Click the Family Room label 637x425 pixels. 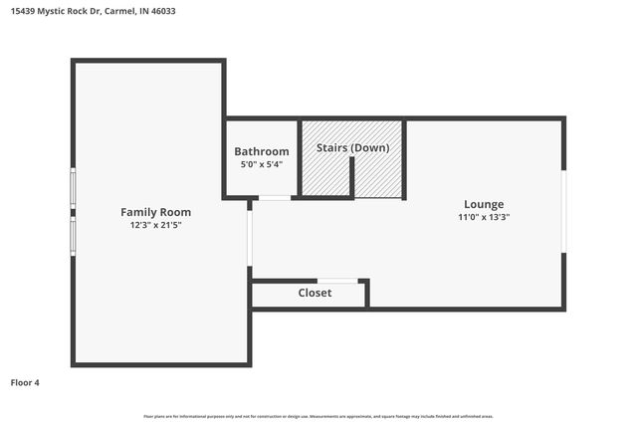click(155, 212)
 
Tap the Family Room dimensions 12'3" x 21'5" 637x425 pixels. click(155, 225)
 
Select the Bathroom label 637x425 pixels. click(262, 151)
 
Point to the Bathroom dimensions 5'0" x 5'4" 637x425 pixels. click(262, 164)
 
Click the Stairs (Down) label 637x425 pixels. click(352, 147)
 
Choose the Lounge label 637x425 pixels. click(484, 204)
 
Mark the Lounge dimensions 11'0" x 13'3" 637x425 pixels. click(484, 217)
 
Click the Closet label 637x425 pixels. click(315, 293)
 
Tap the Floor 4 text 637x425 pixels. click(25, 382)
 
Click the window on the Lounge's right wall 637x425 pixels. click(563, 212)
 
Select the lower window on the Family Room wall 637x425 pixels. click(73, 236)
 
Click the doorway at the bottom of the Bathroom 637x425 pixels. click(275, 198)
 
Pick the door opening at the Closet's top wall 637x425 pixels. click(337, 281)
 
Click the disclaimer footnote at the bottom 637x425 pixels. click(318, 416)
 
